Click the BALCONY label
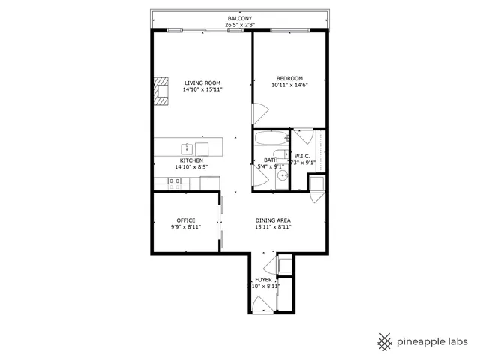click(x=239, y=18)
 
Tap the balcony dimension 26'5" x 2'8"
click(x=239, y=25)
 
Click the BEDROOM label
click(x=289, y=79)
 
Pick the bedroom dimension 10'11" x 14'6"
click(x=289, y=85)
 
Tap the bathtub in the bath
click(x=270, y=139)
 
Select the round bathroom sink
click(x=282, y=175)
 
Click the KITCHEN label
click(x=190, y=160)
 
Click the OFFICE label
click(x=186, y=220)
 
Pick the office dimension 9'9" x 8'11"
click(x=186, y=227)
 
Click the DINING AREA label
click(x=272, y=220)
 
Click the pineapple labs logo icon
click(x=385, y=340)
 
